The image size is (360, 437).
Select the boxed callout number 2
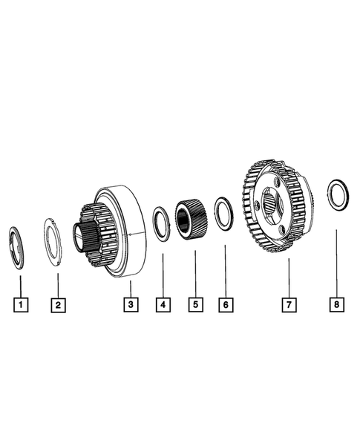click(x=58, y=303)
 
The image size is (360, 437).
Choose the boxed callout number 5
click(x=195, y=303)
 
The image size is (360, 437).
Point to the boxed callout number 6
click(x=225, y=303)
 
